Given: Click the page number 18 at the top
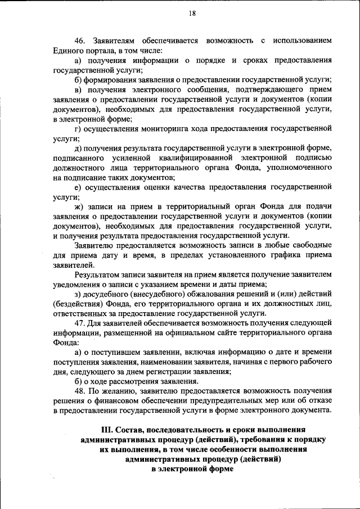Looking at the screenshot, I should click(x=192, y=15).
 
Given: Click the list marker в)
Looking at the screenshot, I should click(x=78, y=89).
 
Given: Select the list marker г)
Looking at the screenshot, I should click(x=78, y=128).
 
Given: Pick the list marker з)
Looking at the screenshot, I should click(x=78, y=294).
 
